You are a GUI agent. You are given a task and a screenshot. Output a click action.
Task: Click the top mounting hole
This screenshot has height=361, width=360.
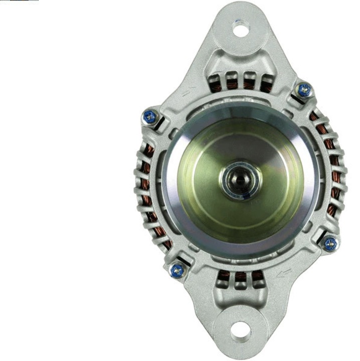241,30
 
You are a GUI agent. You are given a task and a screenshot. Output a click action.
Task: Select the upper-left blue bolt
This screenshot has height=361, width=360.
150,117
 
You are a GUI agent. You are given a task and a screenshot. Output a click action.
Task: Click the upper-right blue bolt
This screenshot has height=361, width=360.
304,90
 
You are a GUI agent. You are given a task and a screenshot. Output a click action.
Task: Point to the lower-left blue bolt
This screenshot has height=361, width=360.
177,271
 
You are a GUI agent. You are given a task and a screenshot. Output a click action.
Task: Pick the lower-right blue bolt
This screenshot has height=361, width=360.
330,244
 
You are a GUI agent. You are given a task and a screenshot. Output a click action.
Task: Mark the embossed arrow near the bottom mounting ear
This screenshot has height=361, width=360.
285,273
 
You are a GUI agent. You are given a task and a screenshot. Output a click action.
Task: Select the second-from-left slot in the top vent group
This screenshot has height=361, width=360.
233,82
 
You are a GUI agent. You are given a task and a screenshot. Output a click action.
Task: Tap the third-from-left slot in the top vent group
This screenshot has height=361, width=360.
249,82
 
